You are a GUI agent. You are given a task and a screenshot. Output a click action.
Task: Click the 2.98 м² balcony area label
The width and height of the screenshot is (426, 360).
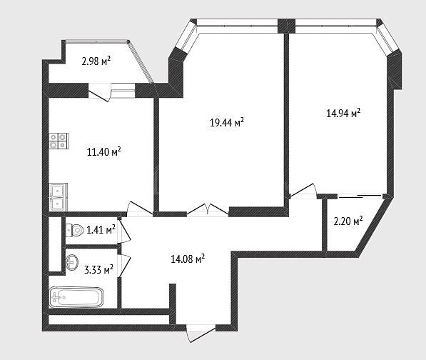tap(96, 61)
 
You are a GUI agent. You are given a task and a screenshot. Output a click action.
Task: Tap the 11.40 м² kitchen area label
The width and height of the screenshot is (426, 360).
tap(103, 151)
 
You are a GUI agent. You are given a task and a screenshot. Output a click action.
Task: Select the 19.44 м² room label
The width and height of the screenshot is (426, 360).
tap(227, 122)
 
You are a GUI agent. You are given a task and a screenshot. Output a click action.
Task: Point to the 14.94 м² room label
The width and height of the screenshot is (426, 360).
tap(343, 113)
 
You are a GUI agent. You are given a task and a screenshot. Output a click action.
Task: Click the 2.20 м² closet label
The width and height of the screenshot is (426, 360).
tap(348, 221)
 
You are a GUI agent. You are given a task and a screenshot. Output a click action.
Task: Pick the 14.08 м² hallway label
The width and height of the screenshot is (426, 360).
tap(188, 259)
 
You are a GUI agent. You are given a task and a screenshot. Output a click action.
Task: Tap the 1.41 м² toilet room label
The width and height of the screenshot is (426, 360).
tap(101, 230)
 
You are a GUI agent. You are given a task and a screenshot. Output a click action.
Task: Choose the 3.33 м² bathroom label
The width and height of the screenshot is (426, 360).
tap(99, 270)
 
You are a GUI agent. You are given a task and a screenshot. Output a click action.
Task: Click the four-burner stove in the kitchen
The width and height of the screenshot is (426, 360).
tap(59, 141)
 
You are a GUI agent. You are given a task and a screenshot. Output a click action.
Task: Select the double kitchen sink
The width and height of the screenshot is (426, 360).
tap(58, 197)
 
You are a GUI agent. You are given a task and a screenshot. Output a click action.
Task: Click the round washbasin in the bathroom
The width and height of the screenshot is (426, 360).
tap(72, 262)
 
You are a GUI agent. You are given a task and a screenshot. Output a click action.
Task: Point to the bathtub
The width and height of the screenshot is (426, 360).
tap(76, 297)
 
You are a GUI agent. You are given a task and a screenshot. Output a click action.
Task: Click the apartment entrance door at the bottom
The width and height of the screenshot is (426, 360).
tap(201, 333)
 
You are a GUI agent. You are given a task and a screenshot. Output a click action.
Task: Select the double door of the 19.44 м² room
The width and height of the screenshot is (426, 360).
tap(208, 209)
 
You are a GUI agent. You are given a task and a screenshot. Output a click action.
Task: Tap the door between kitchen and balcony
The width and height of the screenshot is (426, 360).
tap(99, 92)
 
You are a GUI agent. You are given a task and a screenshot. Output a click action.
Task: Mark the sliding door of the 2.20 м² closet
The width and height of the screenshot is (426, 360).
tap(360, 196)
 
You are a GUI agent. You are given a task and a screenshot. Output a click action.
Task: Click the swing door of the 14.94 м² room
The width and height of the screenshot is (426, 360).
tap(303, 191)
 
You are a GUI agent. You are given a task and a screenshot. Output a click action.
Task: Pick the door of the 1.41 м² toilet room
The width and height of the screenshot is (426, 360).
tap(124, 230)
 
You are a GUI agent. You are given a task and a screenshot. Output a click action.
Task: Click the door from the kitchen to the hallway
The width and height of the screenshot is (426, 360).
tap(140, 209)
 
